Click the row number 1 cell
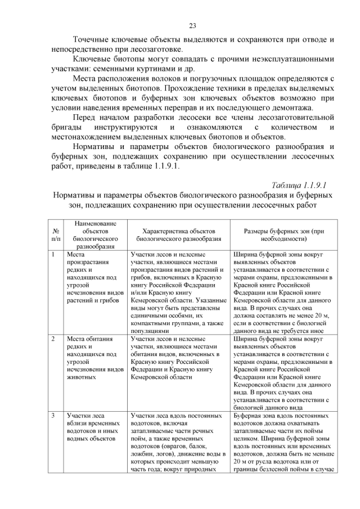[x=52, y=254]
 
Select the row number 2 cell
[x=52, y=339]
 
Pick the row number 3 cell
[x=52, y=415]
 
